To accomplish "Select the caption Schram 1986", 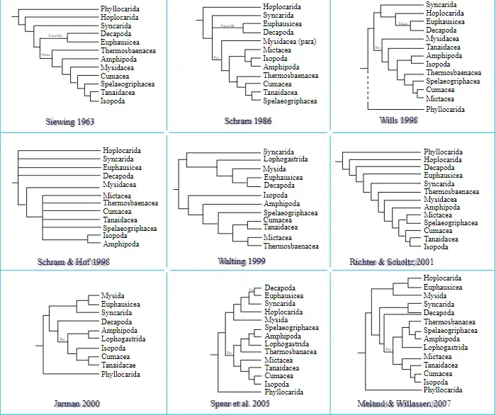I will click(x=248, y=120).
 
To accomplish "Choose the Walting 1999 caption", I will click(x=242, y=261).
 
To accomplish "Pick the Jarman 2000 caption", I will click(x=77, y=403).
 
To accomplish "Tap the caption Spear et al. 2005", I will click(x=242, y=403).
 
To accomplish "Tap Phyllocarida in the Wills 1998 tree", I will click(x=446, y=110).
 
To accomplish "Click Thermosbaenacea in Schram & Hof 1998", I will click(x=130, y=203).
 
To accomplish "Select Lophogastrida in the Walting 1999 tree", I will click(x=286, y=160).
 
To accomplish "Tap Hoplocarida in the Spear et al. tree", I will click(x=283, y=312).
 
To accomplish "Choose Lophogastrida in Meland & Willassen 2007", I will click(x=446, y=348).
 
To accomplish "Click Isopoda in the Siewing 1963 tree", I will click(x=113, y=101).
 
